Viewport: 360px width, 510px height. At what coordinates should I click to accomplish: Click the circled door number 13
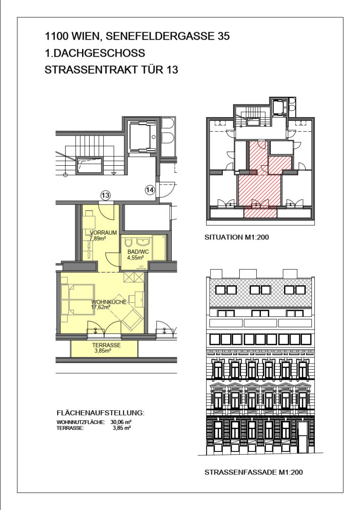point(105,195)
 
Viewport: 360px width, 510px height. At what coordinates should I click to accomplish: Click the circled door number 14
point(150,190)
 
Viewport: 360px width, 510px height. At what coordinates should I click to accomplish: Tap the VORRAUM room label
point(103,232)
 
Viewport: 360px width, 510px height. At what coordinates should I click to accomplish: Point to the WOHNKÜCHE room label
point(109,302)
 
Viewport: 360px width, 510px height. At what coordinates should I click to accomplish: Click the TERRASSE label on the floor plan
point(106,345)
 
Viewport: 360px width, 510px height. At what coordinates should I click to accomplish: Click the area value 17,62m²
point(100,307)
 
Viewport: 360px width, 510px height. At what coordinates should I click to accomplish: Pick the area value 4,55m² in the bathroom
point(136,258)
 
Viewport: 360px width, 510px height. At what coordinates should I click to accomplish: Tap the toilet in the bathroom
point(128,243)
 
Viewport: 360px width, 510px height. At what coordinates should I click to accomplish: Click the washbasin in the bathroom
point(143,242)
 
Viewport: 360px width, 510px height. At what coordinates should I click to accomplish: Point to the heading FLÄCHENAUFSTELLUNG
point(100,413)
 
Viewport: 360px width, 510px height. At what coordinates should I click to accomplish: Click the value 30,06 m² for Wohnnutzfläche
point(121,422)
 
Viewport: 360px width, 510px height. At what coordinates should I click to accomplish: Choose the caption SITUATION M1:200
point(236,238)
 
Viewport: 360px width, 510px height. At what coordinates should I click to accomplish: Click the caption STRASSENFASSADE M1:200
point(253,472)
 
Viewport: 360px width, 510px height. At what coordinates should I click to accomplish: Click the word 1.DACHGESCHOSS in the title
point(95,53)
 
